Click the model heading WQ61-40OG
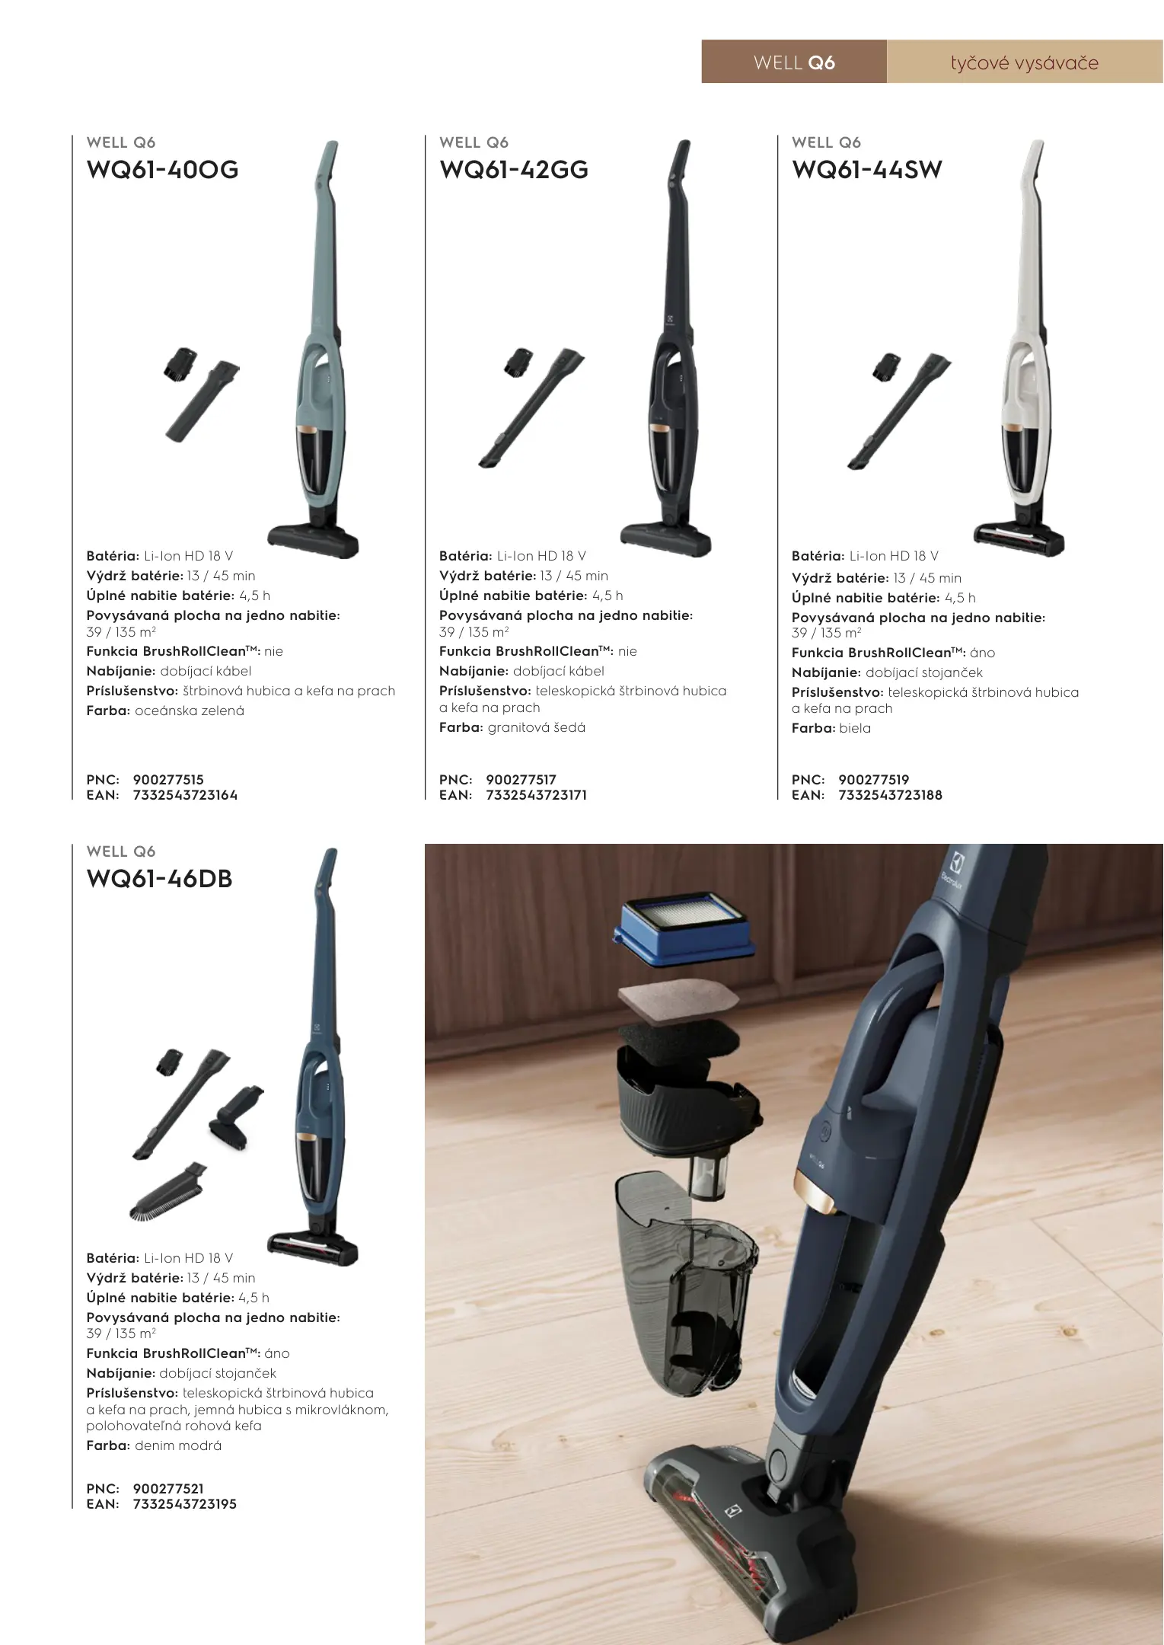(x=163, y=170)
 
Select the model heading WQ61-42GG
(x=514, y=170)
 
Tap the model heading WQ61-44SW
(x=867, y=170)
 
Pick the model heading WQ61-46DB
(x=160, y=879)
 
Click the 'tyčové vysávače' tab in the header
(x=1025, y=62)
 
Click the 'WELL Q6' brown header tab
(x=794, y=62)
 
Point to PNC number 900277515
(x=168, y=780)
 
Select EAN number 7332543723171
(x=536, y=795)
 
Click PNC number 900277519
(x=874, y=780)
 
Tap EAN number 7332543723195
(x=184, y=1504)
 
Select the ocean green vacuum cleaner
(x=320, y=350)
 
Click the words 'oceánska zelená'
(x=190, y=711)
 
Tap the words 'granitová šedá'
(x=537, y=728)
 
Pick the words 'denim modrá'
(x=178, y=1446)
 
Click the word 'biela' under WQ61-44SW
(x=855, y=729)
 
